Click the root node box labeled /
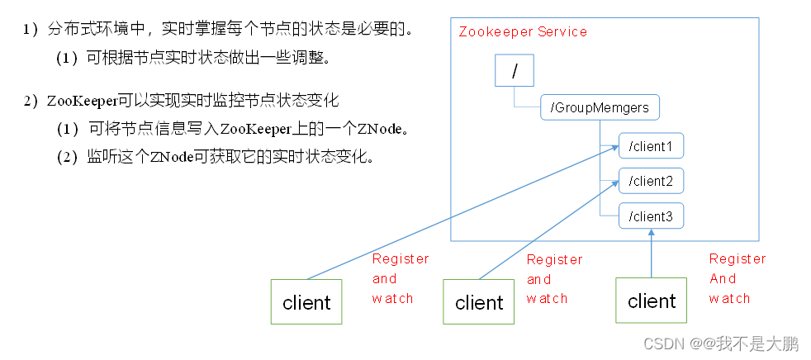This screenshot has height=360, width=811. coord(515,71)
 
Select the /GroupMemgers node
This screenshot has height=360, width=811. coord(600,107)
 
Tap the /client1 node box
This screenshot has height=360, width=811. coord(651,147)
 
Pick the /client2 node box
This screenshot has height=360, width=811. coord(651,180)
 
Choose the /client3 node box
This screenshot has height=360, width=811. coord(651,216)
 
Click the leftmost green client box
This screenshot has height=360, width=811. coord(306,302)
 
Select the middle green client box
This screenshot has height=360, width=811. coord(479,302)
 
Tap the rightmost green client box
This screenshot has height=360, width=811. coord(652,301)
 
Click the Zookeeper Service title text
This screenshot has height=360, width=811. coord(523,31)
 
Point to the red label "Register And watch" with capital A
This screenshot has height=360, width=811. coord(737,278)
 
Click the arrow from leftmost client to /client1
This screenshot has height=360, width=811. coord(462,212)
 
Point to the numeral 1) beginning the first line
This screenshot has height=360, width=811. coord(31,31)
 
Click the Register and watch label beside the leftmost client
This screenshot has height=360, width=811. coord(400,278)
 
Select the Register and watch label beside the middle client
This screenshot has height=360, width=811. coord(554,279)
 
